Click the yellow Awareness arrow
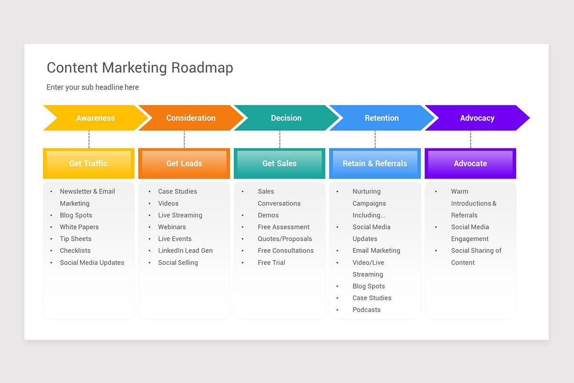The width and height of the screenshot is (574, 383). [95, 118]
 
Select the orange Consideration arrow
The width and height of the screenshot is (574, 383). [191, 118]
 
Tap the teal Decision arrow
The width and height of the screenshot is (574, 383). [286, 118]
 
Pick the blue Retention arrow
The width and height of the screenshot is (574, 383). [382, 118]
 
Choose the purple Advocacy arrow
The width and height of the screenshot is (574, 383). [477, 118]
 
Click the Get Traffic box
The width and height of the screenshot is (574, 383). [88, 163]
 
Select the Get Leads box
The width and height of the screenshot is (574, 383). [184, 163]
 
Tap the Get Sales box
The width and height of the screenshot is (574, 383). [279, 163]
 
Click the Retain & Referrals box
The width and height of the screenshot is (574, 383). [375, 163]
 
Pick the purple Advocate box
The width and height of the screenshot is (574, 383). [470, 163]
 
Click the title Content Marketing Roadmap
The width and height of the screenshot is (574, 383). [140, 68]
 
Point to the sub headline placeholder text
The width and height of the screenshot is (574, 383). [92, 87]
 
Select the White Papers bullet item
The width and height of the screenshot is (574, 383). [79, 227]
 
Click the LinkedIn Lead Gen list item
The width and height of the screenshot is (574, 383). [185, 250]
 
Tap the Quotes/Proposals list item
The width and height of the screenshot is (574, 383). [285, 239]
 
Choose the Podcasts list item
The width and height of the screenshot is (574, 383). [366, 310]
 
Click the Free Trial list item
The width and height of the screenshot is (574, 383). [271, 262]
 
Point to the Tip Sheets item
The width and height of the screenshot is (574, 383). [75, 239]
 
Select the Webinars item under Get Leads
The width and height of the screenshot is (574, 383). [172, 227]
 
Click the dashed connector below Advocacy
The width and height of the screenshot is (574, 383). [471, 139]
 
